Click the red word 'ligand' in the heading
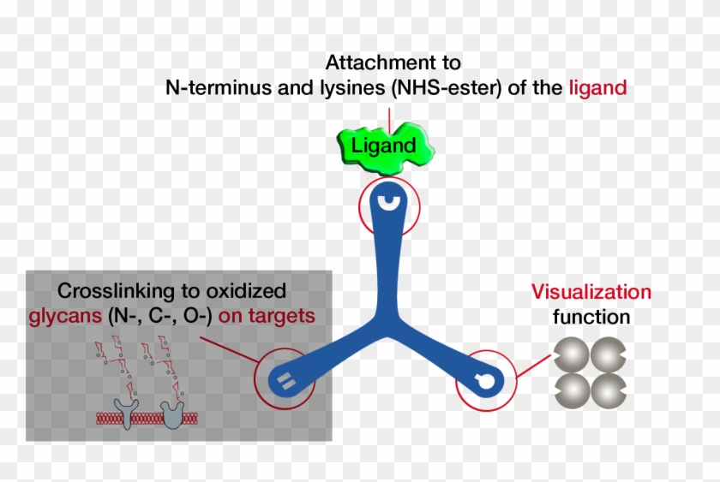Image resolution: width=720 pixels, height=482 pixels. pyautogui.click(x=597, y=86)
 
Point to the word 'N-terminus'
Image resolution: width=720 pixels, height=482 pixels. pyautogui.click(x=213, y=86)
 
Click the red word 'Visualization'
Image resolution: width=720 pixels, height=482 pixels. pyautogui.click(x=591, y=291)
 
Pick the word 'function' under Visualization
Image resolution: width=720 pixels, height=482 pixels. pyautogui.click(x=591, y=317)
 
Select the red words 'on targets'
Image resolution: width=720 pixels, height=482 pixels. pyautogui.click(x=267, y=315)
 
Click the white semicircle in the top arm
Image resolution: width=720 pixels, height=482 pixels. pyautogui.click(x=390, y=202)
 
